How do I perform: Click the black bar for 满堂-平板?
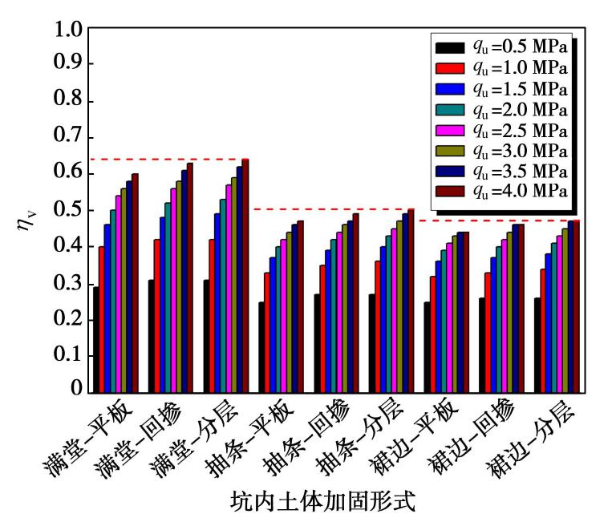[96, 340]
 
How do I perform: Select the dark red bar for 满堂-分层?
[245, 277]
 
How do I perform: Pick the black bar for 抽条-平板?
[261, 347]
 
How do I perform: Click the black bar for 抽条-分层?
[371, 344]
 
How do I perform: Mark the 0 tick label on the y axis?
[75, 391]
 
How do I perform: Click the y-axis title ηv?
[26, 216]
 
